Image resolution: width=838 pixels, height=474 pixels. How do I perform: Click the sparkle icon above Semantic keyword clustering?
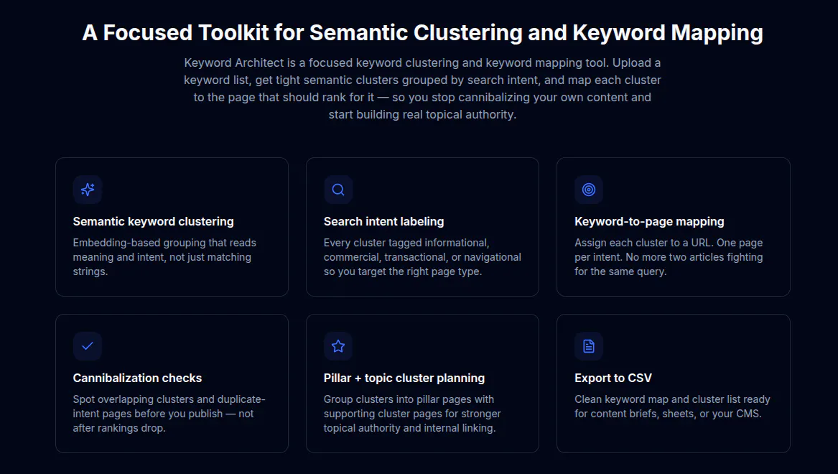pyautogui.click(x=88, y=190)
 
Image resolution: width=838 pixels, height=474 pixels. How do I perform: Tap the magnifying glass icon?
pyautogui.click(x=338, y=190)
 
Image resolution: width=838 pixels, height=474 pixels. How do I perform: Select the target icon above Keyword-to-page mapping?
pyautogui.click(x=589, y=190)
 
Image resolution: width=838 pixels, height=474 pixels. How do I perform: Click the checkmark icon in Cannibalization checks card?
pyautogui.click(x=88, y=345)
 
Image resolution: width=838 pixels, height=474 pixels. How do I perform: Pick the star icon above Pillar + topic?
pyautogui.click(x=338, y=346)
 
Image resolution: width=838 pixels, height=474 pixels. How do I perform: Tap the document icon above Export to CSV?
pyautogui.click(x=589, y=346)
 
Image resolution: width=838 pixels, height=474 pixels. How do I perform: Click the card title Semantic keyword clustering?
pyautogui.click(x=154, y=221)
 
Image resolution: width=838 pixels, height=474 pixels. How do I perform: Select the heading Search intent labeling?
pyautogui.click(x=383, y=221)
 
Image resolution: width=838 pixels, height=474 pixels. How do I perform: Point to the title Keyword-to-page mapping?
pyautogui.click(x=649, y=221)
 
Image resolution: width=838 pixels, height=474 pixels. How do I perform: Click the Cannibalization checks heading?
pyautogui.click(x=137, y=378)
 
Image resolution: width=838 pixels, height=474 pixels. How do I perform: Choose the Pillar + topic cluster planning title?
pyautogui.click(x=404, y=378)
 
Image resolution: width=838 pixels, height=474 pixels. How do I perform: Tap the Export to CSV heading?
pyautogui.click(x=613, y=378)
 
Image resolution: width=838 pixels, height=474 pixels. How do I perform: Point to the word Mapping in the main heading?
pyautogui.click(x=717, y=33)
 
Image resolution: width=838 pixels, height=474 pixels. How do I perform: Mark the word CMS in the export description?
pyautogui.click(x=749, y=414)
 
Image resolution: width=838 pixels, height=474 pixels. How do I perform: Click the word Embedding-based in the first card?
pyautogui.click(x=116, y=243)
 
